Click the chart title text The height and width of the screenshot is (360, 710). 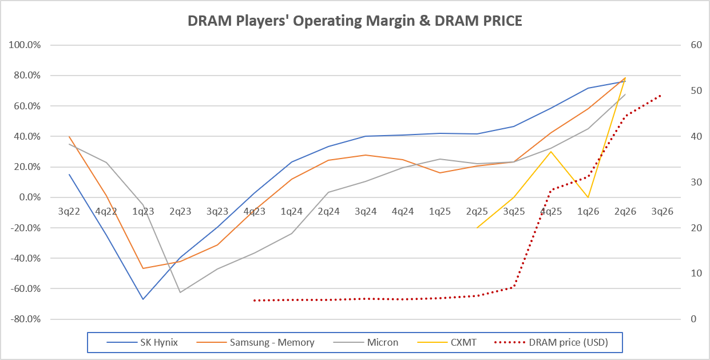355,21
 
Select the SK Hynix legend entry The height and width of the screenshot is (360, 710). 142,343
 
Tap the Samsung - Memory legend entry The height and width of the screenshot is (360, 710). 256,343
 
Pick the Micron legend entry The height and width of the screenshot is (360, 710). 366,343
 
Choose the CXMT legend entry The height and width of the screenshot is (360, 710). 447,343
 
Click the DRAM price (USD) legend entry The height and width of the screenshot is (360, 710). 551,343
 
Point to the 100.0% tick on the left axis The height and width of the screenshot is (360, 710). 25,45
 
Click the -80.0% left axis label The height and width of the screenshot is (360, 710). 25,319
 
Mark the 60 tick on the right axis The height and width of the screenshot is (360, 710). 696,45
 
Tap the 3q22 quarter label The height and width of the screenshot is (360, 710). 69,212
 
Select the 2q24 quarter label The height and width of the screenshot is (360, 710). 329,212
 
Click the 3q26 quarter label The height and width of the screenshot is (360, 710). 663,212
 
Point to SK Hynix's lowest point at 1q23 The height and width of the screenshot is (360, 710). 143,299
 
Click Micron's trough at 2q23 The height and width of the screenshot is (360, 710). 180,292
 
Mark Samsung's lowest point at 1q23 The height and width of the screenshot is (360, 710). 143,268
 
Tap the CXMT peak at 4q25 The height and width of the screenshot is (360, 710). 551,152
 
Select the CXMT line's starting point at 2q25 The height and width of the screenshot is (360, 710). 477,228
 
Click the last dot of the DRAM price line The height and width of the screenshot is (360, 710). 660,96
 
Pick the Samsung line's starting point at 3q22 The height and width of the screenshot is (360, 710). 69,136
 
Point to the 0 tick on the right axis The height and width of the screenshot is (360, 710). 693,319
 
